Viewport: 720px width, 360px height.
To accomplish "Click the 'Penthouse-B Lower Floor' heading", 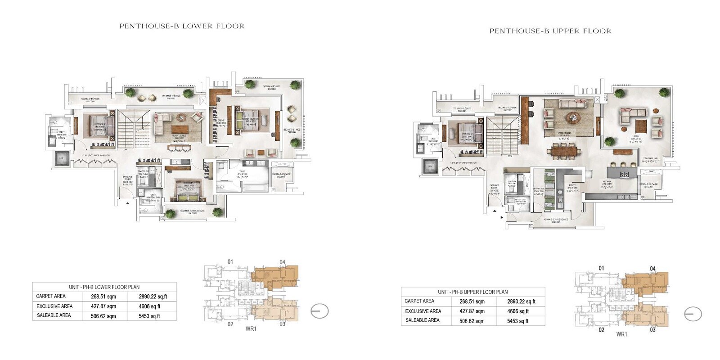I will tap(182, 26).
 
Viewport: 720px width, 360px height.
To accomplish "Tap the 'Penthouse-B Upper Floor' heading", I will tap(550, 31).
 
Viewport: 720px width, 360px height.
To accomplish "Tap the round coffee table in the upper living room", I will tap(573, 117).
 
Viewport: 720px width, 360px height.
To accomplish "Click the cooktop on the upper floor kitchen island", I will tap(624, 174).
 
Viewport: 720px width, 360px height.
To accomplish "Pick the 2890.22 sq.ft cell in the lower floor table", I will tap(153, 297).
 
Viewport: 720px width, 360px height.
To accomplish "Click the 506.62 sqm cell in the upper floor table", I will tap(472, 321).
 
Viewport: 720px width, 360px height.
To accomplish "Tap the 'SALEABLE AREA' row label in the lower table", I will tap(54, 315).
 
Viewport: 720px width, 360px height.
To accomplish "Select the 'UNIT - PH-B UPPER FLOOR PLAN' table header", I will tap(472, 292).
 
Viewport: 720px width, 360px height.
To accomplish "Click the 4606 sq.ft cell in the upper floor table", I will tap(517, 311).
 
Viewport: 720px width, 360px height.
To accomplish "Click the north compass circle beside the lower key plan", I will tap(319, 311).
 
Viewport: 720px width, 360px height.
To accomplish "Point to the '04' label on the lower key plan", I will tap(282, 262).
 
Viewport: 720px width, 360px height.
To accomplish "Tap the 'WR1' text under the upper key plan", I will tap(621, 334).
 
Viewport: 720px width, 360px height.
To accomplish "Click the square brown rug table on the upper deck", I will tap(641, 124).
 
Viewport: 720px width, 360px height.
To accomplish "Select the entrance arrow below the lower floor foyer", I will tap(128, 203).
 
